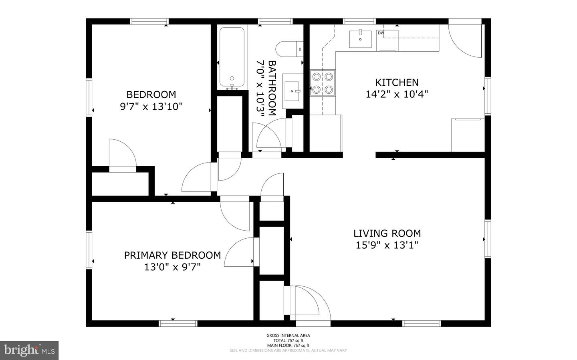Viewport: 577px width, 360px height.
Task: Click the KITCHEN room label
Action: click(397, 82)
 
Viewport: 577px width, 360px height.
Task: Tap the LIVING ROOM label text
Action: click(387, 233)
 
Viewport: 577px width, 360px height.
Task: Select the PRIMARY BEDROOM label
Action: click(172, 255)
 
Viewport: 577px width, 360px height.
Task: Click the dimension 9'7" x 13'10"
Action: click(151, 107)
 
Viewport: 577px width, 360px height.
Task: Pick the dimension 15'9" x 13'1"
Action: click(387, 245)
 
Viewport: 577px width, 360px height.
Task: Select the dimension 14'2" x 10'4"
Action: click(397, 95)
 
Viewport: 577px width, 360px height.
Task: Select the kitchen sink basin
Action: click(360, 38)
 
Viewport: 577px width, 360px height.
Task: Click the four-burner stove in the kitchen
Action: click(323, 83)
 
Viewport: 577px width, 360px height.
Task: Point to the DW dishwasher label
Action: click(381, 33)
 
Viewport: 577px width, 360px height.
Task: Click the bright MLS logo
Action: click(29, 350)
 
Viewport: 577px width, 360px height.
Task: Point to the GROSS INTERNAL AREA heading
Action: click(288, 336)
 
